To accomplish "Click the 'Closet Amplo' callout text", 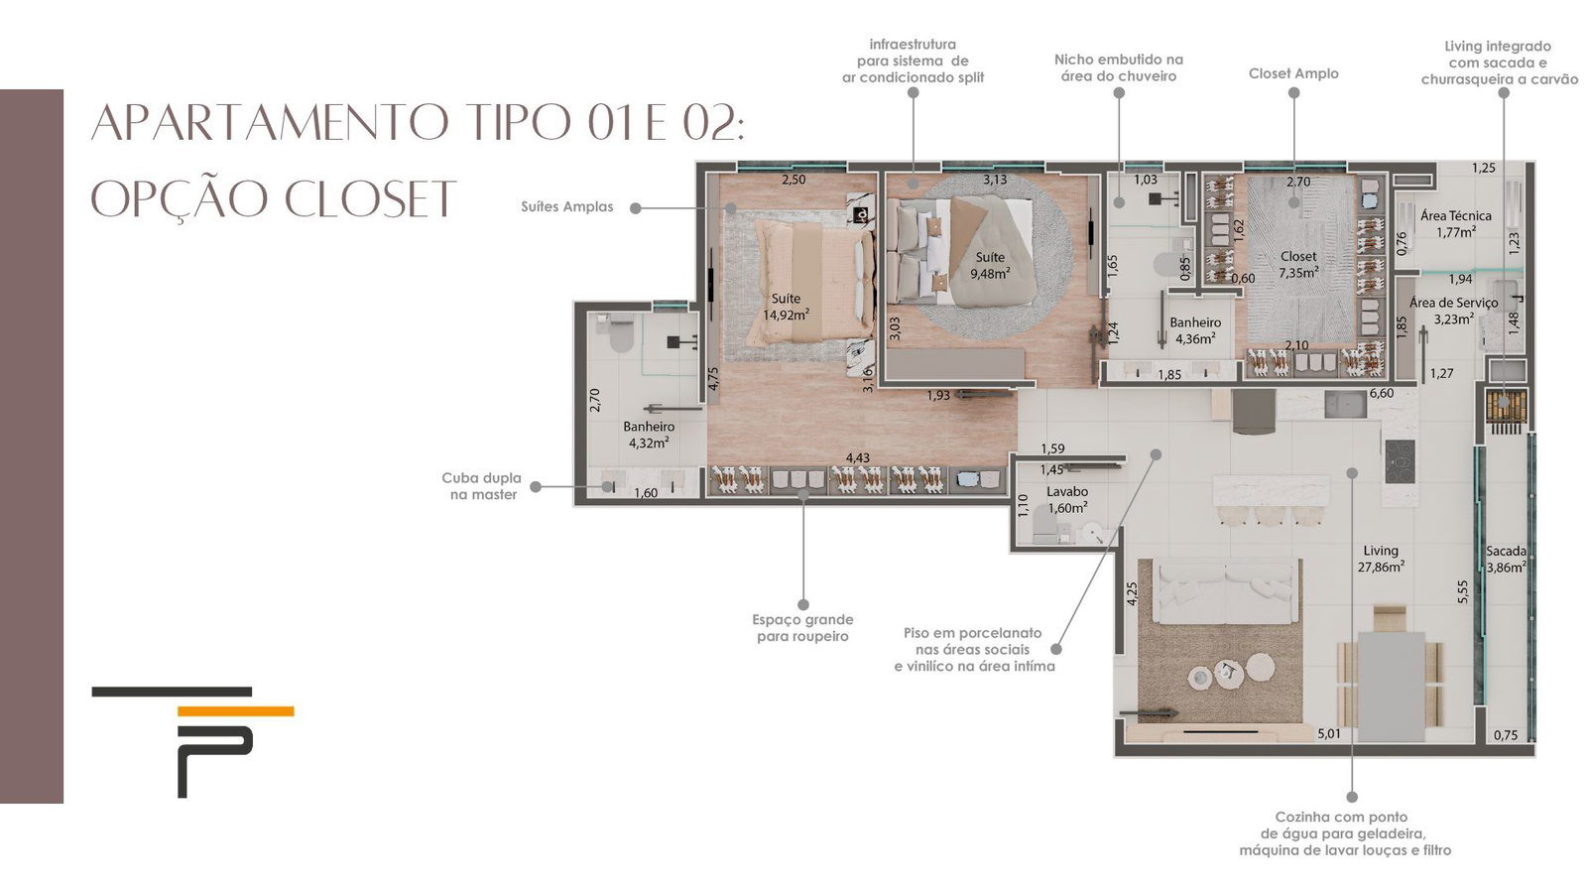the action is pyautogui.click(x=1293, y=73).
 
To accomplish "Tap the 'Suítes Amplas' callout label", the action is pyautogui.click(x=566, y=207).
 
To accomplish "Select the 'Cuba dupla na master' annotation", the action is pyautogui.click(x=482, y=486).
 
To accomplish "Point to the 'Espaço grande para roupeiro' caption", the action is pyautogui.click(x=802, y=628).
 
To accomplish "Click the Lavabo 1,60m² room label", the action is pyautogui.click(x=1067, y=500).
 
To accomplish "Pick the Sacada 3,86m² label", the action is pyautogui.click(x=1507, y=560).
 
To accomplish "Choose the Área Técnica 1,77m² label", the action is pyautogui.click(x=1456, y=224).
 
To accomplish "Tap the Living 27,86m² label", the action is pyautogui.click(x=1381, y=559).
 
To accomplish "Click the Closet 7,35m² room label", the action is pyautogui.click(x=1298, y=264).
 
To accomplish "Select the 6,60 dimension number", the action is pyautogui.click(x=1382, y=393).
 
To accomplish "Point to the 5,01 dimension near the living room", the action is pyautogui.click(x=1329, y=734).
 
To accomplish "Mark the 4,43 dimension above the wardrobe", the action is pyautogui.click(x=857, y=458).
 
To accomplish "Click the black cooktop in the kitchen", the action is pyautogui.click(x=1400, y=461).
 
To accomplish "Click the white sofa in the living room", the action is pyautogui.click(x=1224, y=591).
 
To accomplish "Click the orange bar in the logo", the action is pyautogui.click(x=235, y=710).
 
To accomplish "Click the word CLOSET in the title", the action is pyautogui.click(x=371, y=199).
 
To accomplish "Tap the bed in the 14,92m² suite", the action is pyautogui.click(x=813, y=281).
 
